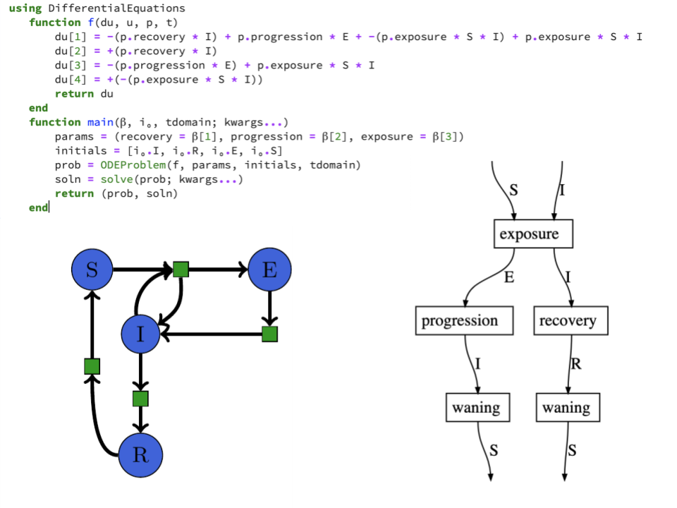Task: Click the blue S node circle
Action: click(x=92, y=270)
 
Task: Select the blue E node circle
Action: click(x=269, y=270)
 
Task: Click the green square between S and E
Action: click(x=181, y=269)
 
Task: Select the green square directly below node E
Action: click(x=269, y=334)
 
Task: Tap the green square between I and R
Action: click(x=141, y=399)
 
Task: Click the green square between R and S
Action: click(x=92, y=366)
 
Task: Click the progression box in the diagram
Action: click(x=459, y=321)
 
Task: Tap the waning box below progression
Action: click(x=476, y=407)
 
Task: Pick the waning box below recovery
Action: click(x=566, y=407)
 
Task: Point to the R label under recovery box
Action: click(x=575, y=364)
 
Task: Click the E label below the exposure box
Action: click(x=508, y=277)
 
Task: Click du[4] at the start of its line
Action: click(x=70, y=80)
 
